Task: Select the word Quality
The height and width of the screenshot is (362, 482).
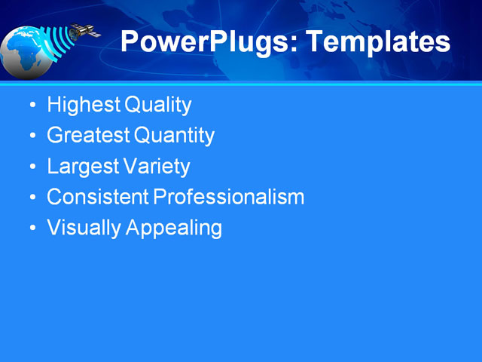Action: coord(157,105)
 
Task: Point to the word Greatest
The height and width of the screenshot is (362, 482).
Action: coord(88,136)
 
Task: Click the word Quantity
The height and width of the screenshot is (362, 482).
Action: coord(174,136)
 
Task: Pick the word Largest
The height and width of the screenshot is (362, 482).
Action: coord(81,167)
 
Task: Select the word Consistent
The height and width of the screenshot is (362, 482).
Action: coord(98,198)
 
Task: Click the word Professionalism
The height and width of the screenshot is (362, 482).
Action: coord(229,198)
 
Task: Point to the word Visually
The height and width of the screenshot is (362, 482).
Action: coord(84,228)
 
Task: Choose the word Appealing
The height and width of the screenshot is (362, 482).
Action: coord(173,228)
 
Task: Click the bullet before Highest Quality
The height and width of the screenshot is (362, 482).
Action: coord(31,106)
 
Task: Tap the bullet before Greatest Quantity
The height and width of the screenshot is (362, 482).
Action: coord(31,137)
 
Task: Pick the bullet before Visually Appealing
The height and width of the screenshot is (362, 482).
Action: coord(31,229)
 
